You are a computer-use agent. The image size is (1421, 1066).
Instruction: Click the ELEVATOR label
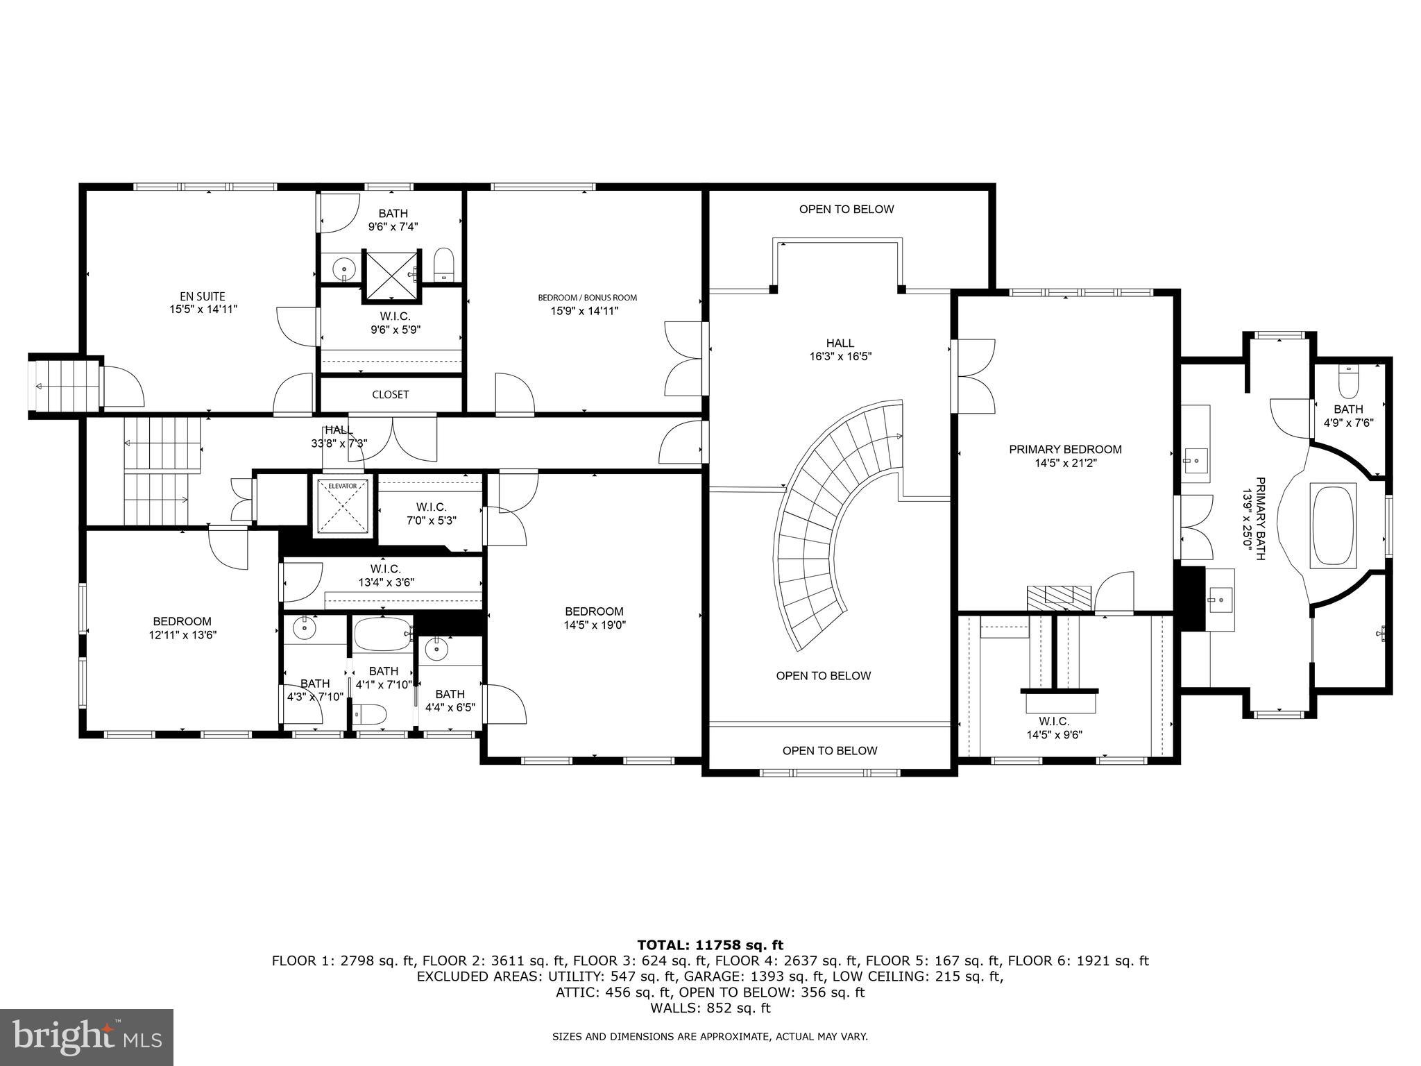click(342, 486)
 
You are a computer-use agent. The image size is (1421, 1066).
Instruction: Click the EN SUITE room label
click(198, 296)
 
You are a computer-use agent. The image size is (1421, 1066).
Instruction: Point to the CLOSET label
click(391, 394)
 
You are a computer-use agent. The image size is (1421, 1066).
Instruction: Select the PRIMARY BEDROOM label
click(1065, 449)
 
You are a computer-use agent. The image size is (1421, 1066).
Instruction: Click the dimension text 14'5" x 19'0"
click(595, 625)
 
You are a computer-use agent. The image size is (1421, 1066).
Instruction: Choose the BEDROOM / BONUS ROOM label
click(587, 298)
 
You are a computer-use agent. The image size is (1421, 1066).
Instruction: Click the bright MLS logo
click(86, 1037)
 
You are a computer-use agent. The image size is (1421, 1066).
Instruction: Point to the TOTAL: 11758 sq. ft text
click(710, 945)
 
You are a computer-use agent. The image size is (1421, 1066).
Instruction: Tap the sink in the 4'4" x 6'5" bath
click(436, 650)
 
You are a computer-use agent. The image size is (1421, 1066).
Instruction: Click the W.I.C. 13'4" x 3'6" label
click(386, 575)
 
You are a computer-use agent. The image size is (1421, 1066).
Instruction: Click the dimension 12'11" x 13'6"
click(182, 634)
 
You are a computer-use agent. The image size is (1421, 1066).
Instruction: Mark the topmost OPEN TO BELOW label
click(846, 209)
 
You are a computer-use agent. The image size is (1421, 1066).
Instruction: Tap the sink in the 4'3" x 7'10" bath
click(303, 629)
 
